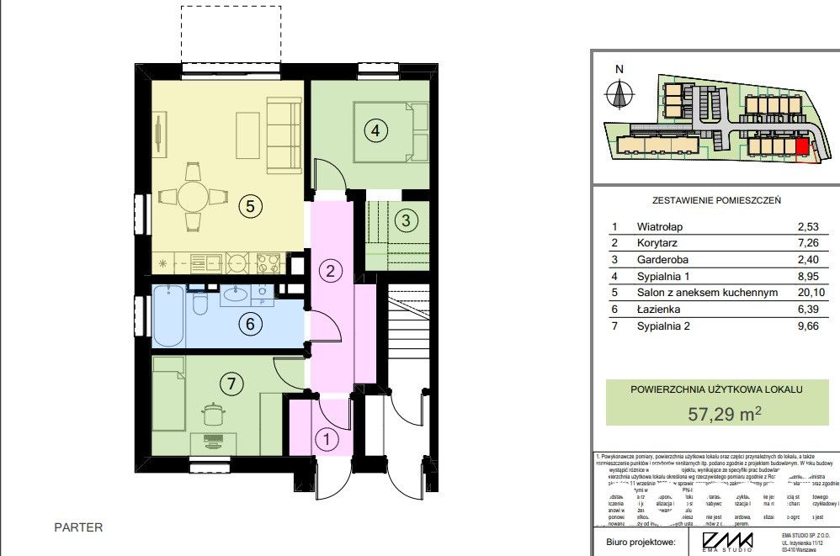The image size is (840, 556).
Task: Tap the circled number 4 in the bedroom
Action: (x=376, y=130)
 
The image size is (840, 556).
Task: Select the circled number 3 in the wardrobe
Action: (x=406, y=221)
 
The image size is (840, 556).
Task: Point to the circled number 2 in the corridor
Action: (x=331, y=271)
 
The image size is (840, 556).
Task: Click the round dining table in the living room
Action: (x=193, y=199)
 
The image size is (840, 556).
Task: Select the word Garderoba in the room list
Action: (x=662, y=259)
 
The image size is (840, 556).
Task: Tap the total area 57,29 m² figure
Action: (x=725, y=413)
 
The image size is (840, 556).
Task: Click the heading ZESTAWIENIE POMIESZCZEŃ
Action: (x=717, y=201)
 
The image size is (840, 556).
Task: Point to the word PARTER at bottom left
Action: (x=78, y=527)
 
